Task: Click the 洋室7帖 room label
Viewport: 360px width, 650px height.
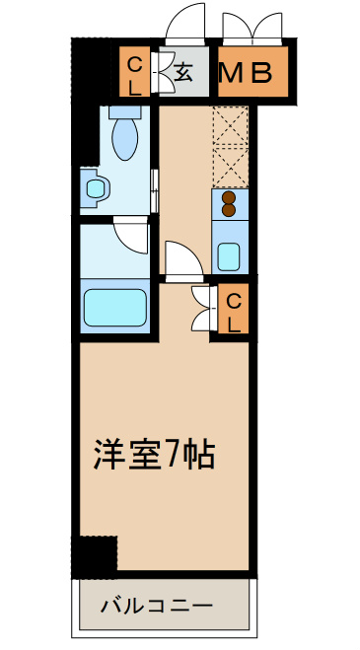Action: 154,454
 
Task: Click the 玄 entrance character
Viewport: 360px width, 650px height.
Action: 184,71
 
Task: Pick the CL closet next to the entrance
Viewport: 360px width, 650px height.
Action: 134,71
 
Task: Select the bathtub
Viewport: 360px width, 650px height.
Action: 114,307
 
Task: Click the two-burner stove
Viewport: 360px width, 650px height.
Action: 229,202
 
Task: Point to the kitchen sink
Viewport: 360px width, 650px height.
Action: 229,256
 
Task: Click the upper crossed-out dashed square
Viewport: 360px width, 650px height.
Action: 229,127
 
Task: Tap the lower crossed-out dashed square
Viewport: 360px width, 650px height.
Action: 229,167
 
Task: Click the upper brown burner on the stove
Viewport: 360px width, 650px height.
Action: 229,195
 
